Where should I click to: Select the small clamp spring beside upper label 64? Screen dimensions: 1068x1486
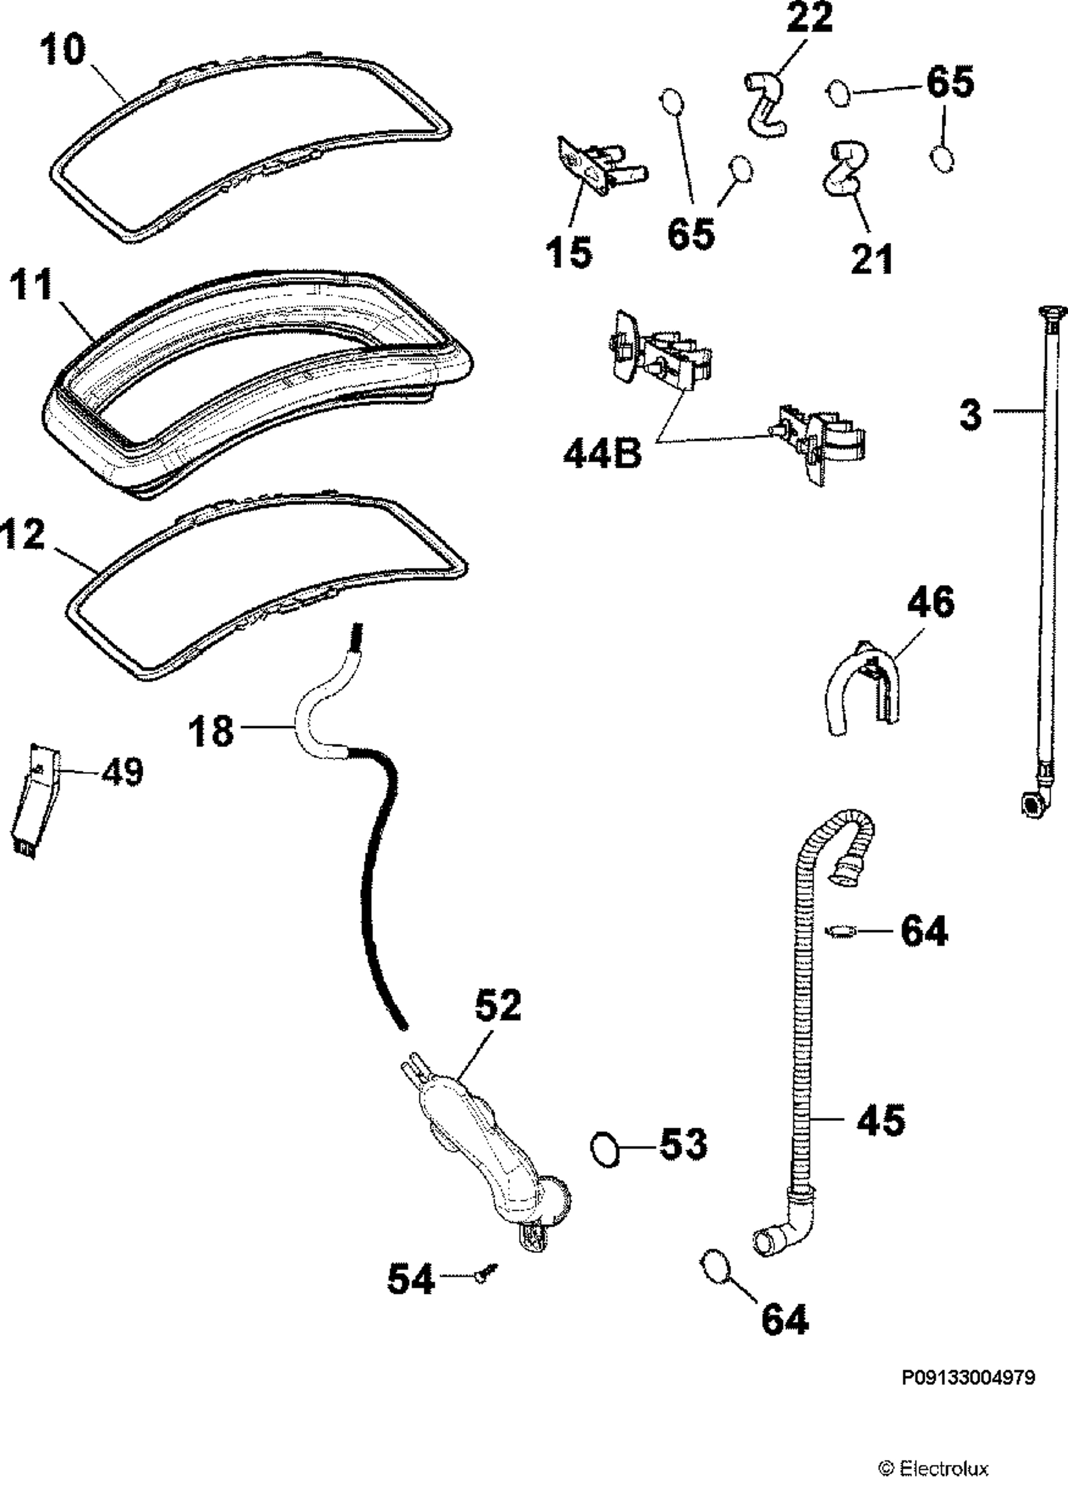click(x=841, y=929)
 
